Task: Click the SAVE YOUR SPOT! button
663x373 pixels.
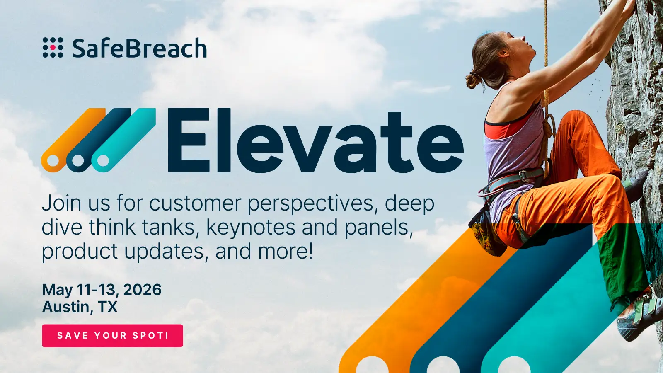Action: (112, 336)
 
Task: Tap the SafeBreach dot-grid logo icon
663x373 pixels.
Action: (53, 48)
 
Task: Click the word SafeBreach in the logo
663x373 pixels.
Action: (139, 48)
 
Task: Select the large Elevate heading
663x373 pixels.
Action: (315, 141)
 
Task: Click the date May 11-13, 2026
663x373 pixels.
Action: (102, 290)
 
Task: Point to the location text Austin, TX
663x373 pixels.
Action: (80, 307)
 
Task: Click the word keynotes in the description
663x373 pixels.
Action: (251, 228)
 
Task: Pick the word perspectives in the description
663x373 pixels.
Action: (312, 204)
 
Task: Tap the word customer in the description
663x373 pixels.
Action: (195, 204)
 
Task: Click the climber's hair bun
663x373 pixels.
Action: (473, 80)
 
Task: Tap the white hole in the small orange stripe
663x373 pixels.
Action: (53, 160)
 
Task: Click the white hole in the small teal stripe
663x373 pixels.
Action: (103, 160)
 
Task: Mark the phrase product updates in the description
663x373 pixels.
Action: (124, 252)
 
